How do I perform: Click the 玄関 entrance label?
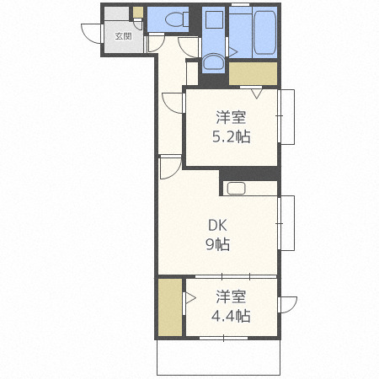(x=123, y=36)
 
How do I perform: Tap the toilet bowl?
(x=174, y=19)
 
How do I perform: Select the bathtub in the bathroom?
(x=265, y=33)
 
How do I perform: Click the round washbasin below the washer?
(x=213, y=62)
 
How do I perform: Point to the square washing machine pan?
(x=214, y=19)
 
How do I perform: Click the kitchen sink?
(x=237, y=189)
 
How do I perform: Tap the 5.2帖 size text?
(x=231, y=136)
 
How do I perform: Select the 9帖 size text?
(x=217, y=244)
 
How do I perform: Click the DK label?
(x=217, y=226)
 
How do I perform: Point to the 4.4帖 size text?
(x=231, y=316)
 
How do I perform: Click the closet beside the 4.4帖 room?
(x=170, y=307)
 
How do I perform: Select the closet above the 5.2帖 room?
(x=253, y=73)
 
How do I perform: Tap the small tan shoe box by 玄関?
(x=138, y=12)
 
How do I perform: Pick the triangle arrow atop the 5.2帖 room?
(x=256, y=93)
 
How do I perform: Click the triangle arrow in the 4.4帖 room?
(x=189, y=298)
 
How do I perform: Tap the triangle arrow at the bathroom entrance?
(x=233, y=51)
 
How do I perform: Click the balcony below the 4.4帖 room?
(x=218, y=357)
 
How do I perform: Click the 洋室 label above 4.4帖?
(x=231, y=297)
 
